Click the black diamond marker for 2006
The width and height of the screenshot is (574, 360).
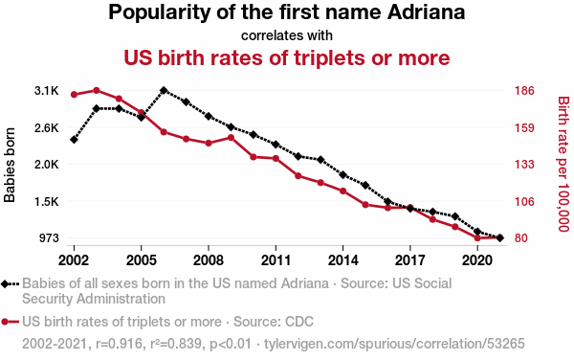pyautogui.click(x=164, y=90)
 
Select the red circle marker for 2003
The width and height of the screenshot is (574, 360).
pyautogui.click(x=97, y=90)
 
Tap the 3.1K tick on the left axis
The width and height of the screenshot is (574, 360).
pyautogui.click(x=47, y=91)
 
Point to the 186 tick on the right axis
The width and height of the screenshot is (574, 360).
pyautogui.click(x=524, y=90)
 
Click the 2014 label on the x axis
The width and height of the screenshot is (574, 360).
pyautogui.click(x=342, y=260)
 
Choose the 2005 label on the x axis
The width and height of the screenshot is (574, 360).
pyautogui.click(x=141, y=260)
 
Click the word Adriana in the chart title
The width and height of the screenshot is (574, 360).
pyautogui.click(x=426, y=12)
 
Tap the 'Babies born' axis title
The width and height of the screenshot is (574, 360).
pyautogui.click(x=10, y=165)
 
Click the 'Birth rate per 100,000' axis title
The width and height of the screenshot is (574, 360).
pyautogui.click(x=563, y=164)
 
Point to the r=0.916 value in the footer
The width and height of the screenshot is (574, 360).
pyautogui.click(x=119, y=344)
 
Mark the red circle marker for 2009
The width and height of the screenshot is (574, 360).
pyautogui.click(x=231, y=138)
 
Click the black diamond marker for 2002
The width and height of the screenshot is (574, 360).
pyautogui.click(x=74, y=140)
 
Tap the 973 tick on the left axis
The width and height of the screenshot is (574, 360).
pyautogui.click(x=49, y=238)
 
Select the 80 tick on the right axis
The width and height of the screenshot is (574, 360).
pyautogui.click(x=521, y=238)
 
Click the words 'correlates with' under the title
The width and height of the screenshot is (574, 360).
pyautogui.click(x=287, y=35)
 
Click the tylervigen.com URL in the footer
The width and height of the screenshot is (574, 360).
pyautogui.click(x=394, y=344)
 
